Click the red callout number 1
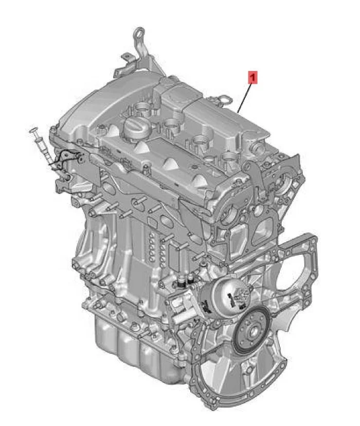[x=253, y=78]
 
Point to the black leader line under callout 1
[x=246, y=98]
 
